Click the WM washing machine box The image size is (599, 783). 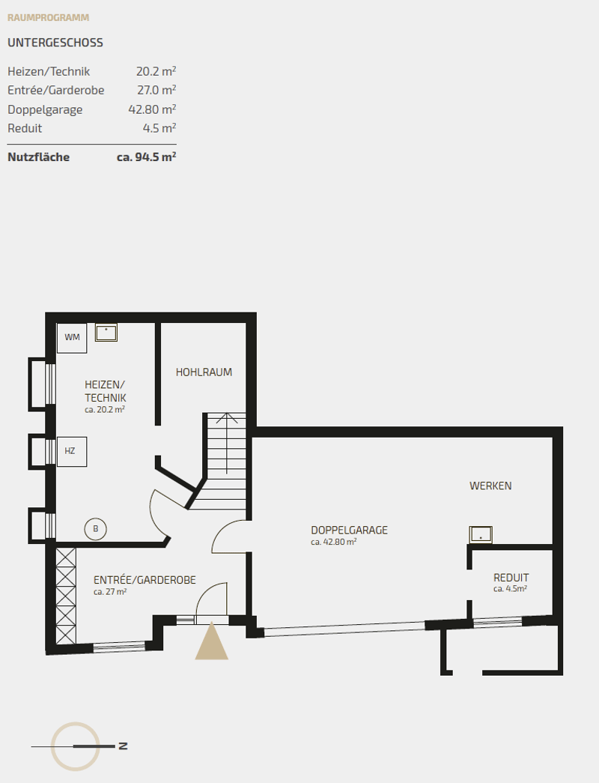(x=72, y=338)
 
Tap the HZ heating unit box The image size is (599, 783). (x=72, y=451)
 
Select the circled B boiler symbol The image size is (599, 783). (x=95, y=529)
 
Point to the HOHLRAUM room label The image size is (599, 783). (x=204, y=372)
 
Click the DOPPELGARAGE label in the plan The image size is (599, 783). (x=349, y=530)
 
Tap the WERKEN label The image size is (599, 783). (x=490, y=486)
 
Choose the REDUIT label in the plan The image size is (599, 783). (x=511, y=578)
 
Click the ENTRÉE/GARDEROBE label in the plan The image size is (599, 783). (x=145, y=580)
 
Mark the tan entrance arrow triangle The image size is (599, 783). (x=212, y=641)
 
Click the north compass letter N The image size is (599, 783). (x=123, y=746)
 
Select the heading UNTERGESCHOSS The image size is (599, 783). (x=55, y=43)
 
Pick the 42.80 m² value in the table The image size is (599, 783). (x=152, y=109)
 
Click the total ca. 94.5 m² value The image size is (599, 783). (x=146, y=157)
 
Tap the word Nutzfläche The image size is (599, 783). (x=38, y=157)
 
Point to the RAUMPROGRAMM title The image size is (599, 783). (x=49, y=17)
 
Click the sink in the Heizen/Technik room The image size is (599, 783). (x=106, y=333)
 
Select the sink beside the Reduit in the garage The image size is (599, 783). (x=481, y=534)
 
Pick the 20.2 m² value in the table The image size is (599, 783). (x=156, y=71)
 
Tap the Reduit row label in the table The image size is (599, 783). (x=25, y=128)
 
